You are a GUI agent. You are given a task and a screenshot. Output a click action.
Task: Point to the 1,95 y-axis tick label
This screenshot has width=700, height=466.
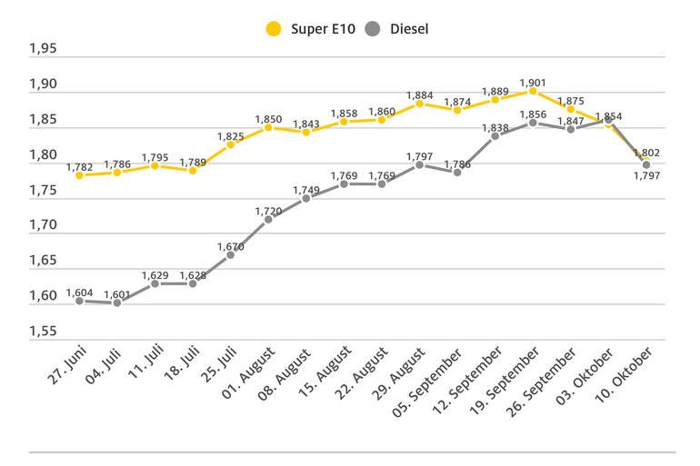click(43, 49)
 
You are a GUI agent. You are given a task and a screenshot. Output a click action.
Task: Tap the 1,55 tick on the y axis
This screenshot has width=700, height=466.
click(43, 332)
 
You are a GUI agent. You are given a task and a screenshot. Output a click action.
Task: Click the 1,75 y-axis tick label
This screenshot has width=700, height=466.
click(43, 191)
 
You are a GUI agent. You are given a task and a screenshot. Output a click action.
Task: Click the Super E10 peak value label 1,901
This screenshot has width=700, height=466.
click(533, 84)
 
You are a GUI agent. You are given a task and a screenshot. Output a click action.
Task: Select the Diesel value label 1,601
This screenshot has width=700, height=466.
click(117, 294)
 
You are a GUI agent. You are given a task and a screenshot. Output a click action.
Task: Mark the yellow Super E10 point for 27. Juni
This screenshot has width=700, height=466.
click(79, 174)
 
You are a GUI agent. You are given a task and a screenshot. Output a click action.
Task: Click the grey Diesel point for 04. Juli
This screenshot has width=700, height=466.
click(116, 302)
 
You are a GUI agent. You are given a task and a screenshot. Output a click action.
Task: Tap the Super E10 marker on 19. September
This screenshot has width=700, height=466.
click(533, 91)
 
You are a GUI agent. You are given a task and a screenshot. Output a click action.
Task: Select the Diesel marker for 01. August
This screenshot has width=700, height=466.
click(268, 219)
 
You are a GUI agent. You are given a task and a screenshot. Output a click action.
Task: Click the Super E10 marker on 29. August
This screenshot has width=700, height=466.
click(419, 104)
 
